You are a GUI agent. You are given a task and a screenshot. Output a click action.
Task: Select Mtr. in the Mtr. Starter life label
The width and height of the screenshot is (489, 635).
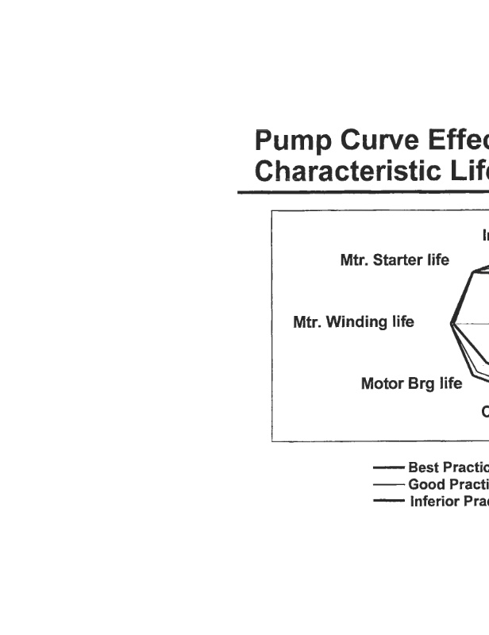354,260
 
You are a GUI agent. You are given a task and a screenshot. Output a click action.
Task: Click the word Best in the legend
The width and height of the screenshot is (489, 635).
424,468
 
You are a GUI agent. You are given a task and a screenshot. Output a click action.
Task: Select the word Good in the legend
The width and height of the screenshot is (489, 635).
426,484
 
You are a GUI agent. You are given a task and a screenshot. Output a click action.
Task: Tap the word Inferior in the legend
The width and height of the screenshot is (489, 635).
436,501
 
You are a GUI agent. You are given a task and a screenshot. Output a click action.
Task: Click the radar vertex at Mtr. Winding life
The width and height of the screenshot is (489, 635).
451,323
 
